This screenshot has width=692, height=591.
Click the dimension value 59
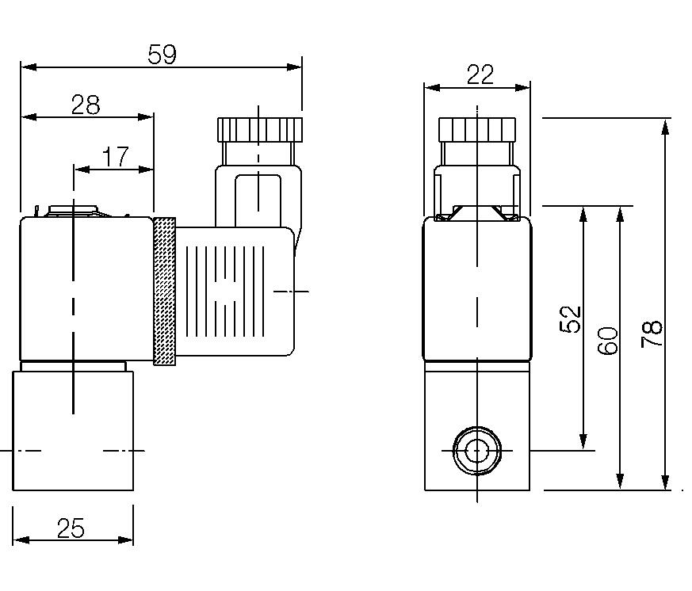pos(162,55)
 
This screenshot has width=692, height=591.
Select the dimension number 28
pos(86,105)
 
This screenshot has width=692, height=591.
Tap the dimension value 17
pos(116,157)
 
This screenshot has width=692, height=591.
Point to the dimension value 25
pos(72,528)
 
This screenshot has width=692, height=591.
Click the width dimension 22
pos(480,74)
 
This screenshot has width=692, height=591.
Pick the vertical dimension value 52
pos(571,318)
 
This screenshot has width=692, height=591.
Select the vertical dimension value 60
pos(607,340)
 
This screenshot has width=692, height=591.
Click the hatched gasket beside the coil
pos(164,291)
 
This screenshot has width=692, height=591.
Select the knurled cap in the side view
pos(259,128)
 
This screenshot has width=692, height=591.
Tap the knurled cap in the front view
pos(477,128)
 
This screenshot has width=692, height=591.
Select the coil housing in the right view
pos(476,289)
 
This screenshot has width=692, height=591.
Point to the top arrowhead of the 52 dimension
pos(583,213)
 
